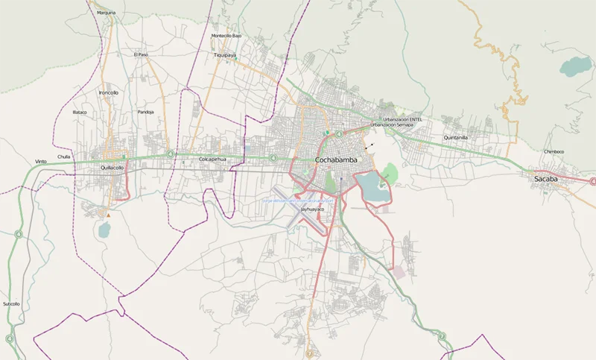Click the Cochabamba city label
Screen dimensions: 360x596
(x=336, y=160)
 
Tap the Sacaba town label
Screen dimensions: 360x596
(x=549, y=179)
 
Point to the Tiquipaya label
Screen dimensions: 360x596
(x=225, y=55)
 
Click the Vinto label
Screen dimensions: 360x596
(x=41, y=162)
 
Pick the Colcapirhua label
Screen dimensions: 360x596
(x=212, y=160)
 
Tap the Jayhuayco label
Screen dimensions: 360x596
(x=312, y=209)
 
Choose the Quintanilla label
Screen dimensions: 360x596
(x=455, y=138)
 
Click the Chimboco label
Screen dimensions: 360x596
(x=554, y=151)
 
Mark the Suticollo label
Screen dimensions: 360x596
(x=11, y=303)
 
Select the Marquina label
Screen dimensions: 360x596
(x=107, y=13)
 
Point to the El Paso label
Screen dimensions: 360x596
(x=141, y=54)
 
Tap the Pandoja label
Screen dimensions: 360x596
(x=146, y=112)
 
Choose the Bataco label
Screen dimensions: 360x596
(x=80, y=112)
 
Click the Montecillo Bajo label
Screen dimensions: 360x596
(x=226, y=36)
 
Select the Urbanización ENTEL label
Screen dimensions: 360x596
(x=402, y=119)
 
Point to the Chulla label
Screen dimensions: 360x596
(x=64, y=157)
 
